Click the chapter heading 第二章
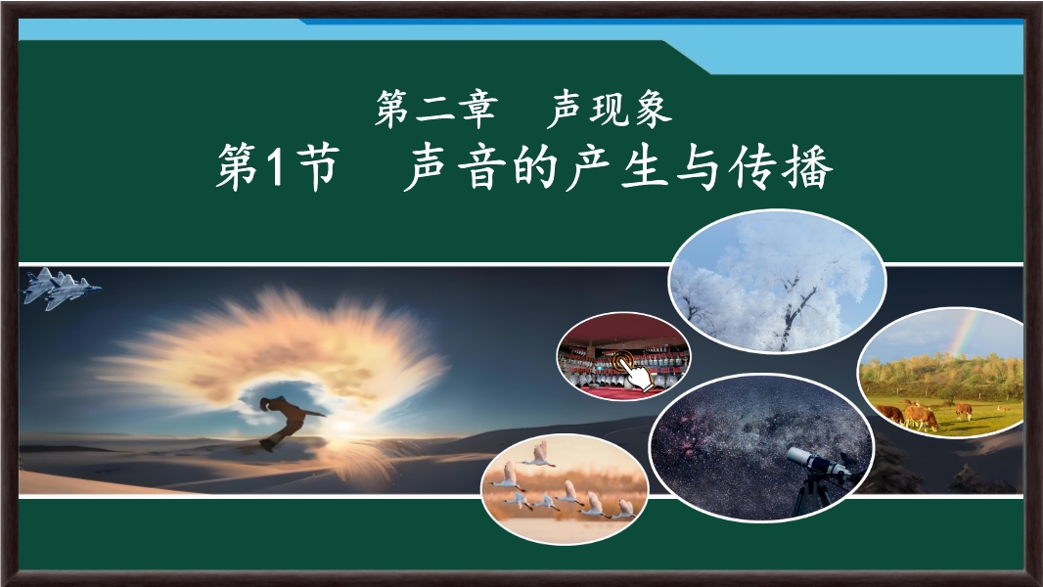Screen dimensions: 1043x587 pyautogui.click(x=435, y=109)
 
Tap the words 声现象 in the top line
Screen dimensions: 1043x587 pyautogui.click(x=610, y=109)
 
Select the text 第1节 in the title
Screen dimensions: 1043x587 pyautogui.click(x=278, y=167)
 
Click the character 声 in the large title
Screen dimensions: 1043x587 pyautogui.click(x=429, y=167)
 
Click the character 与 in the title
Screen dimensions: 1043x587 pyautogui.click(x=699, y=167)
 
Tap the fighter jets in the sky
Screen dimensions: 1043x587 pyautogui.click(x=62, y=288)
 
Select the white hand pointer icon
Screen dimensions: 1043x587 pyautogui.click(x=634, y=372)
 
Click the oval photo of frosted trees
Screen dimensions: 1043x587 pyautogui.click(x=777, y=281)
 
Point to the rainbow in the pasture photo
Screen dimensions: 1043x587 pyautogui.click(x=966, y=335)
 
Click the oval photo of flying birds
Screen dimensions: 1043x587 pyautogui.click(x=565, y=488)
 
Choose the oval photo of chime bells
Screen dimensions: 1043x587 pyautogui.click(x=623, y=356)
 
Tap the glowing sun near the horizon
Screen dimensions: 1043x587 pyautogui.click(x=343, y=427)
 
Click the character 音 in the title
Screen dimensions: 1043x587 pyautogui.click(x=483, y=167)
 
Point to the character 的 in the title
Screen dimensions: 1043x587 pyautogui.click(x=536, y=167)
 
